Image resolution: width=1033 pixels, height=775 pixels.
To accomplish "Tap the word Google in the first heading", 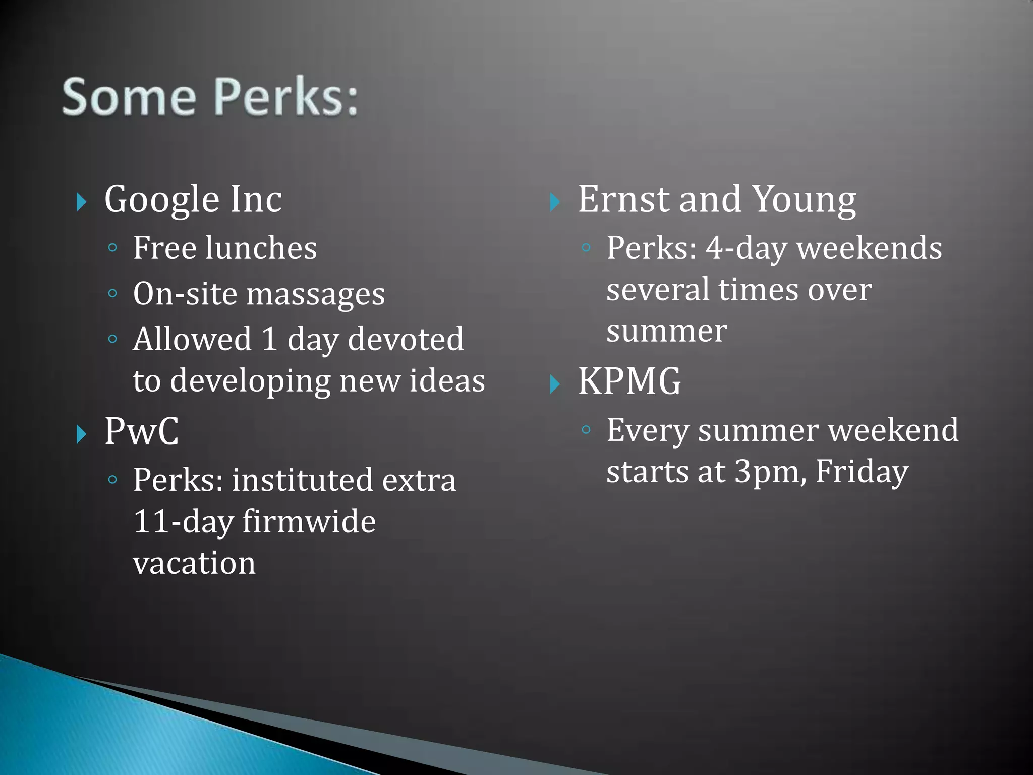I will tap(161, 199).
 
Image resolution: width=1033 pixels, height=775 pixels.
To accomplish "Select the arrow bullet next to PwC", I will tap(81, 434).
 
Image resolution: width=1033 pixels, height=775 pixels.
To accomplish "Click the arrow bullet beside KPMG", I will tap(555, 384).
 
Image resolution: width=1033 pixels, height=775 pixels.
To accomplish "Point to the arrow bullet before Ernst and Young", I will tap(555, 202).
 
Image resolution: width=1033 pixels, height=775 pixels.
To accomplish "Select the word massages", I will tap(315, 294).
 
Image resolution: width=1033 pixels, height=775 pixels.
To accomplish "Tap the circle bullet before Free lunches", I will tap(113, 248).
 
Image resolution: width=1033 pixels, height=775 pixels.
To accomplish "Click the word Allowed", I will tap(192, 339).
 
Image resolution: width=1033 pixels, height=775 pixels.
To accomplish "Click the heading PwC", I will tap(141, 431).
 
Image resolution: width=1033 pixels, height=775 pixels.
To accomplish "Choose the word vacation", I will tap(194, 563).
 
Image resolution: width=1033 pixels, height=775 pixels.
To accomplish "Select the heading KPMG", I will tap(629, 381).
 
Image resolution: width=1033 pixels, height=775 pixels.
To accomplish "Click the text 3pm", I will tap(767, 471).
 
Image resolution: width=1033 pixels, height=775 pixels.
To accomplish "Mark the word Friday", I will tap(862, 472).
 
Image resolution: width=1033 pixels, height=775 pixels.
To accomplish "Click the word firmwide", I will tap(309, 522).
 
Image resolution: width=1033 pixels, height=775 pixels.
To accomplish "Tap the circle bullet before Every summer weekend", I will tap(586, 430).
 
